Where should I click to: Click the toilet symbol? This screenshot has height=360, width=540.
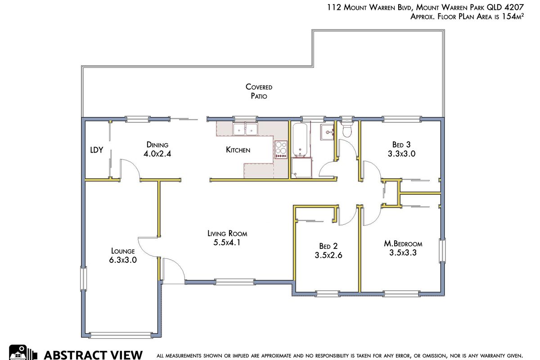click(x=346, y=129)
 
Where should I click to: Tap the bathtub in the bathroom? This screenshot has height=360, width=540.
click(x=300, y=139)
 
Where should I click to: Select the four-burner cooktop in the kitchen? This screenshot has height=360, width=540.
click(x=281, y=149)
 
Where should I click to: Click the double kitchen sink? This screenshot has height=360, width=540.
click(x=245, y=129)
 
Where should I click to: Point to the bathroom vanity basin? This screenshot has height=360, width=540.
click(x=328, y=132)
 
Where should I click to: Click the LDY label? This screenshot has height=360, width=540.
click(x=97, y=150)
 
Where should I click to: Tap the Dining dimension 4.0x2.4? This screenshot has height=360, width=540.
click(x=157, y=153)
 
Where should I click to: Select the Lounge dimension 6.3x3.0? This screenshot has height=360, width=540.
click(x=123, y=260)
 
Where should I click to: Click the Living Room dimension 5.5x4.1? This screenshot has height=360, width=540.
click(x=227, y=243)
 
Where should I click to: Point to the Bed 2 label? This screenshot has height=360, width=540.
click(x=328, y=246)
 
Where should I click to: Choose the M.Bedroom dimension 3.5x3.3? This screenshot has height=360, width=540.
click(x=403, y=253)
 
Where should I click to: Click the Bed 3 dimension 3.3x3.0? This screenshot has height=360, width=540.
click(x=401, y=153)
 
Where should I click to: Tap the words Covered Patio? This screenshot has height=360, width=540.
click(x=259, y=91)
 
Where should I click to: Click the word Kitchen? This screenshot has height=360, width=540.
click(x=238, y=150)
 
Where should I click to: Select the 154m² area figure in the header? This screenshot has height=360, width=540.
click(x=512, y=16)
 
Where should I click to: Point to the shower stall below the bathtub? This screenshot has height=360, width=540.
click(x=301, y=168)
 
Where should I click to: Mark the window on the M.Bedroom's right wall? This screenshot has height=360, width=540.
click(x=442, y=250)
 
